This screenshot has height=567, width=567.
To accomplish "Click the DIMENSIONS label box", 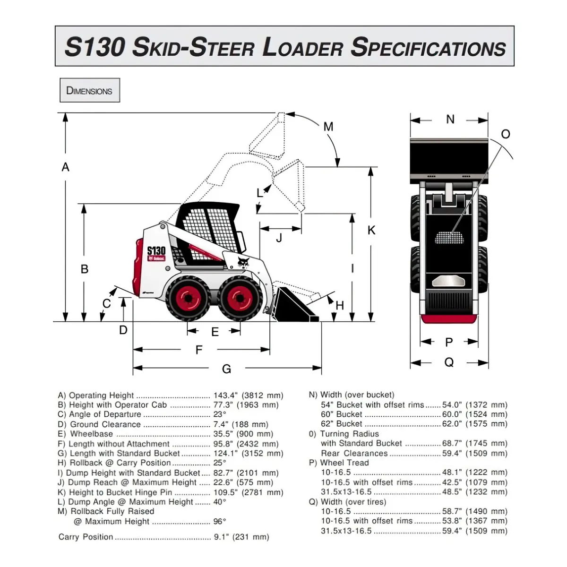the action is click(x=90, y=90).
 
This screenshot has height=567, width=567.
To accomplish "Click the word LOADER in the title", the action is click(x=302, y=47).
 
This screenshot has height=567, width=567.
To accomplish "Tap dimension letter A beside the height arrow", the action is click(x=65, y=167).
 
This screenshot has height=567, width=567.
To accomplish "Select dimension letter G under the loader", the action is click(x=226, y=369).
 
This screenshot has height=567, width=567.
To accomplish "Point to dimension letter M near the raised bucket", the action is click(x=328, y=127).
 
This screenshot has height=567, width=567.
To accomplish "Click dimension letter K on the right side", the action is click(x=371, y=231).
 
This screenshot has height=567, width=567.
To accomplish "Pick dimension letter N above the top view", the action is click(x=450, y=120).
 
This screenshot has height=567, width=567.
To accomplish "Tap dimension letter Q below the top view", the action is click(x=449, y=362).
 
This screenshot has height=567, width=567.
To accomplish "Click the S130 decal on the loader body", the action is click(x=156, y=251).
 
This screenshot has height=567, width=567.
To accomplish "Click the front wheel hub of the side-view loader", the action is click(x=240, y=298).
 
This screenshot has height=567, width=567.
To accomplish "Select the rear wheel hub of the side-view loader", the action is click(x=189, y=298).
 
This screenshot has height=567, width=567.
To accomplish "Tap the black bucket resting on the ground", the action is click(x=296, y=306).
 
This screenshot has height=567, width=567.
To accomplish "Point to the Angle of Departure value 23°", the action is click(x=220, y=414).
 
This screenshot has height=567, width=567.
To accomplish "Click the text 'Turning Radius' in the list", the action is click(x=349, y=434).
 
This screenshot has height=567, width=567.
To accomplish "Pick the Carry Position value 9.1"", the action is click(x=221, y=537).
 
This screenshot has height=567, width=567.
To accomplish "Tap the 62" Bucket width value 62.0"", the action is click(x=452, y=424).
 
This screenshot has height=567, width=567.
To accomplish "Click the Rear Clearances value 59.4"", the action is click(x=452, y=454).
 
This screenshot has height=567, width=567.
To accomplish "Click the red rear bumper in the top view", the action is click(x=449, y=319).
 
